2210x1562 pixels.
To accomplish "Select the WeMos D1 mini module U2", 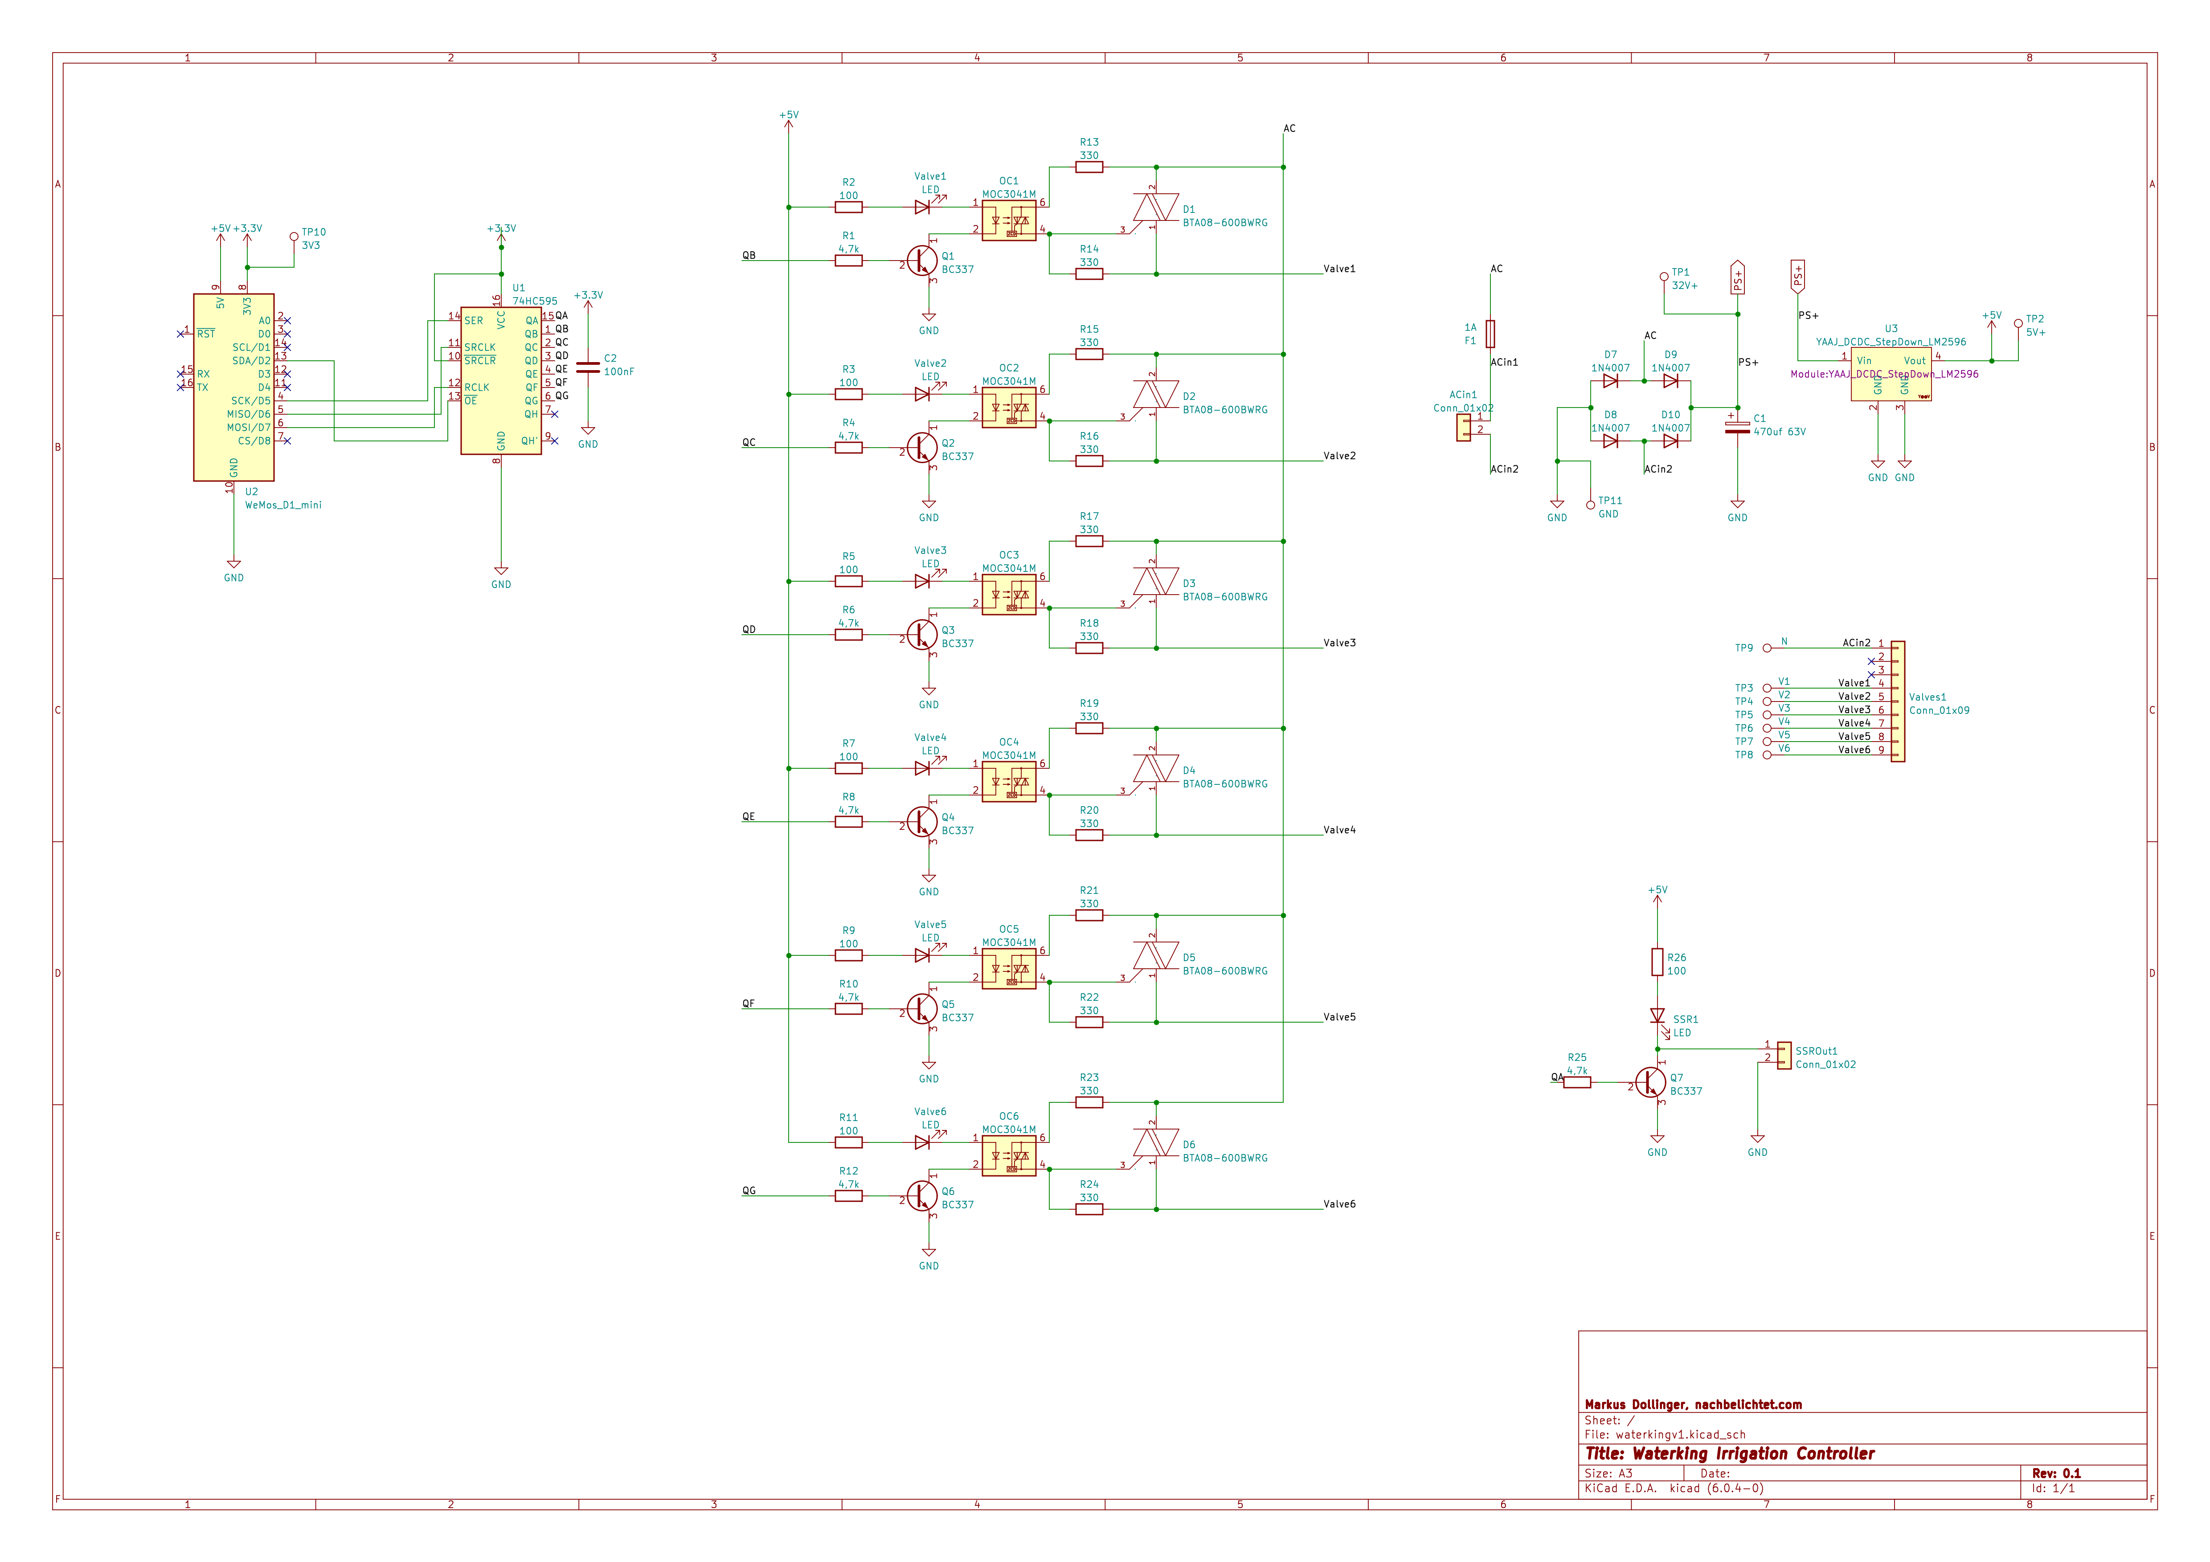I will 234,387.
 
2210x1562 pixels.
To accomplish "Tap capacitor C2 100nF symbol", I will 587,367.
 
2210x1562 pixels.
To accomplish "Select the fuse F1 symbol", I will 1490,334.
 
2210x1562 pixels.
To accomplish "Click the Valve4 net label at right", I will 1339,830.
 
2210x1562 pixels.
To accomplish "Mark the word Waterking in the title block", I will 1672,1453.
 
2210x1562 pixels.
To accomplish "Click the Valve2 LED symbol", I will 922,394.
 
